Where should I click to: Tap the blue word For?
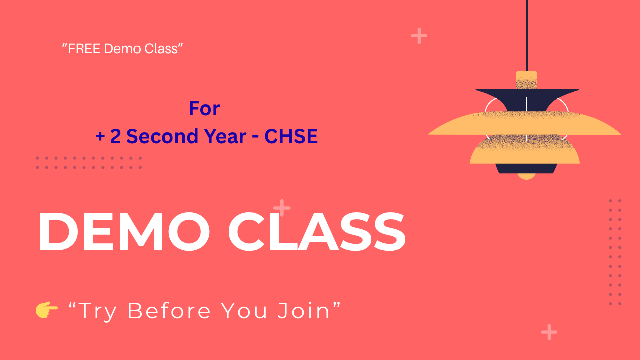click(204, 108)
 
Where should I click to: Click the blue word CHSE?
click(291, 136)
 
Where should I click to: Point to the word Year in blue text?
click(222, 136)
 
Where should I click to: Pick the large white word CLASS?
click(317, 232)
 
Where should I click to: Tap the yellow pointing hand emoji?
click(46, 310)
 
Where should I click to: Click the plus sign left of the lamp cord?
click(419, 36)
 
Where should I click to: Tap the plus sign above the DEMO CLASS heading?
click(282, 208)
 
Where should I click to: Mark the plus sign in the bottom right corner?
click(549, 332)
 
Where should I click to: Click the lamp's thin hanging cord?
click(526, 35)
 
